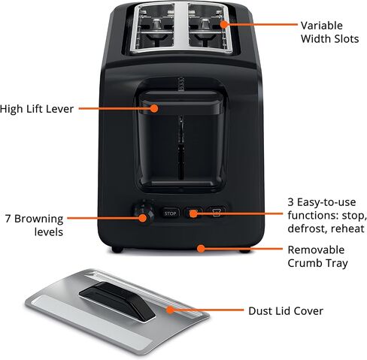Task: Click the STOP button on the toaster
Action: point(170,213)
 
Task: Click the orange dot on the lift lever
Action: point(154,108)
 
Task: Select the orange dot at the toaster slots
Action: point(224,24)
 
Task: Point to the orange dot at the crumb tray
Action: point(201,248)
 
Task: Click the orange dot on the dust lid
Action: point(170,310)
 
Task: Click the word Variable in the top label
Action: point(322,26)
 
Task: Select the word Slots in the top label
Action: point(345,39)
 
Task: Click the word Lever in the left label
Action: point(61,109)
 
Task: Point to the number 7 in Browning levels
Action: point(8,219)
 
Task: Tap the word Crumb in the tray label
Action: point(305,263)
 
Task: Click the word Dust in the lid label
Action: point(259,311)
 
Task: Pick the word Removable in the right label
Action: point(316,250)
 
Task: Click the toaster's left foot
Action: point(117,250)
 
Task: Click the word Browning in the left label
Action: point(39,219)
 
